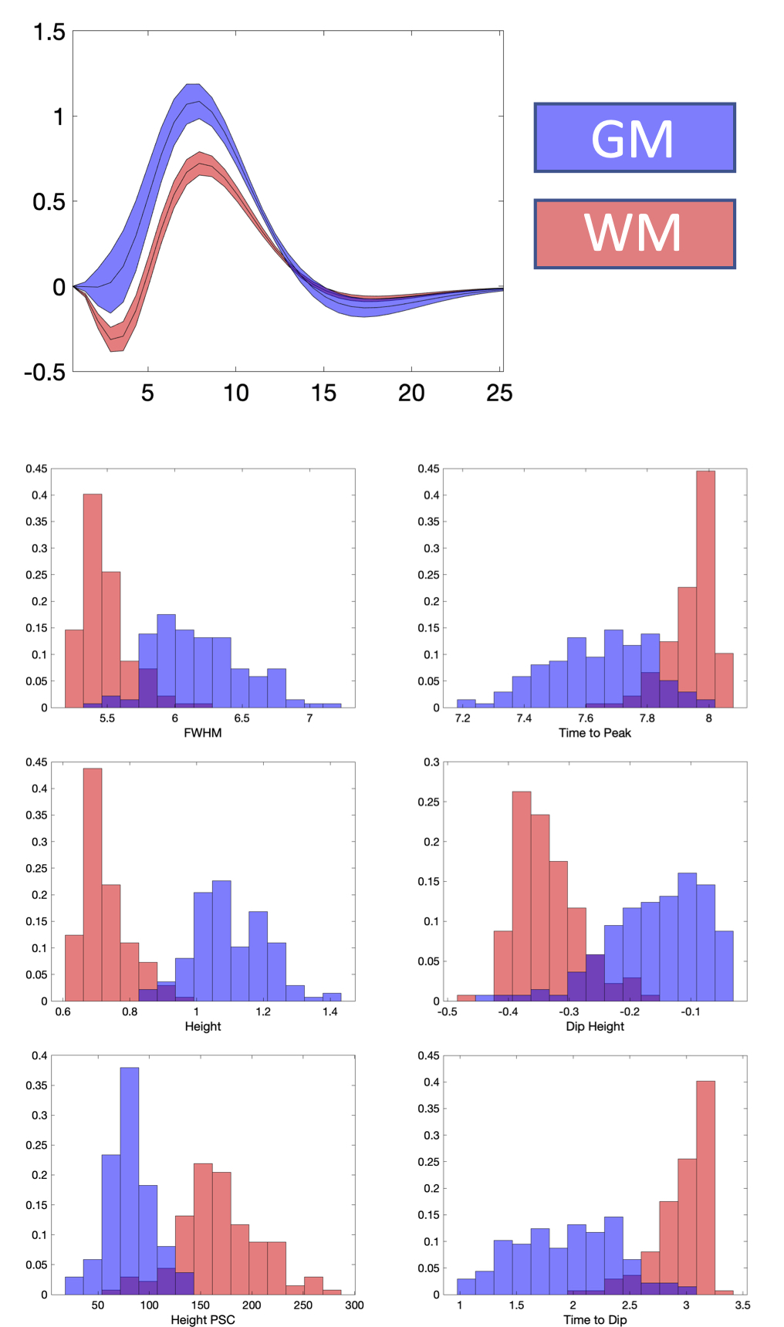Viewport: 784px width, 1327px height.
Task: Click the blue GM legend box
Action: tap(634, 137)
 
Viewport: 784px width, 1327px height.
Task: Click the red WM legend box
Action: tap(634, 234)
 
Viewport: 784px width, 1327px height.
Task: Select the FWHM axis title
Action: tap(203, 733)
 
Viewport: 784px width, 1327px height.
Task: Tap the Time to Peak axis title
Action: tap(595, 733)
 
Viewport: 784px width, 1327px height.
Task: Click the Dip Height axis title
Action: tap(595, 1026)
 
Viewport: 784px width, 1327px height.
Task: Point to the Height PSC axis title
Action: tap(203, 1320)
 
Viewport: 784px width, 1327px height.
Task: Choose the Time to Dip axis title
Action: tap(595, 1320)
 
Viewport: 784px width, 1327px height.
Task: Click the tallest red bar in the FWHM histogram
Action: tap(93, 602)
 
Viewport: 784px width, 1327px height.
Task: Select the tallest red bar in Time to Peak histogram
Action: tap(705, 590)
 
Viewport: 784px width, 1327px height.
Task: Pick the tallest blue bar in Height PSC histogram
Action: tap(130, 1180)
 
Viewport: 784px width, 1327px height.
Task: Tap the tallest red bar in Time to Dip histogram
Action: tap(705, 1188)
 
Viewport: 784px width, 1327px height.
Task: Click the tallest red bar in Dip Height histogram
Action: tap(522, 895)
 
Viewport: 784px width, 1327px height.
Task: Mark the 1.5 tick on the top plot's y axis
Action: tap(49, 32)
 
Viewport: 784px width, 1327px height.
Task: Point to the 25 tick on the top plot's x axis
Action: tap(499, 393)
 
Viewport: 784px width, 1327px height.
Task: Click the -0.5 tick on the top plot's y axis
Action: tap(45, 373)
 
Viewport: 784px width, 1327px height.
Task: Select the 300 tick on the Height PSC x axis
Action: tap(354, 1305)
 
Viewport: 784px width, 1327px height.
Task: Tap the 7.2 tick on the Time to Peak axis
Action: tap(462, 718)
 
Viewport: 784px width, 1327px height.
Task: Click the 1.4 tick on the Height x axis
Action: tap(330, 1011)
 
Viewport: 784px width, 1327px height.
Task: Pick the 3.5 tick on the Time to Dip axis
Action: tap(742, 1305)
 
